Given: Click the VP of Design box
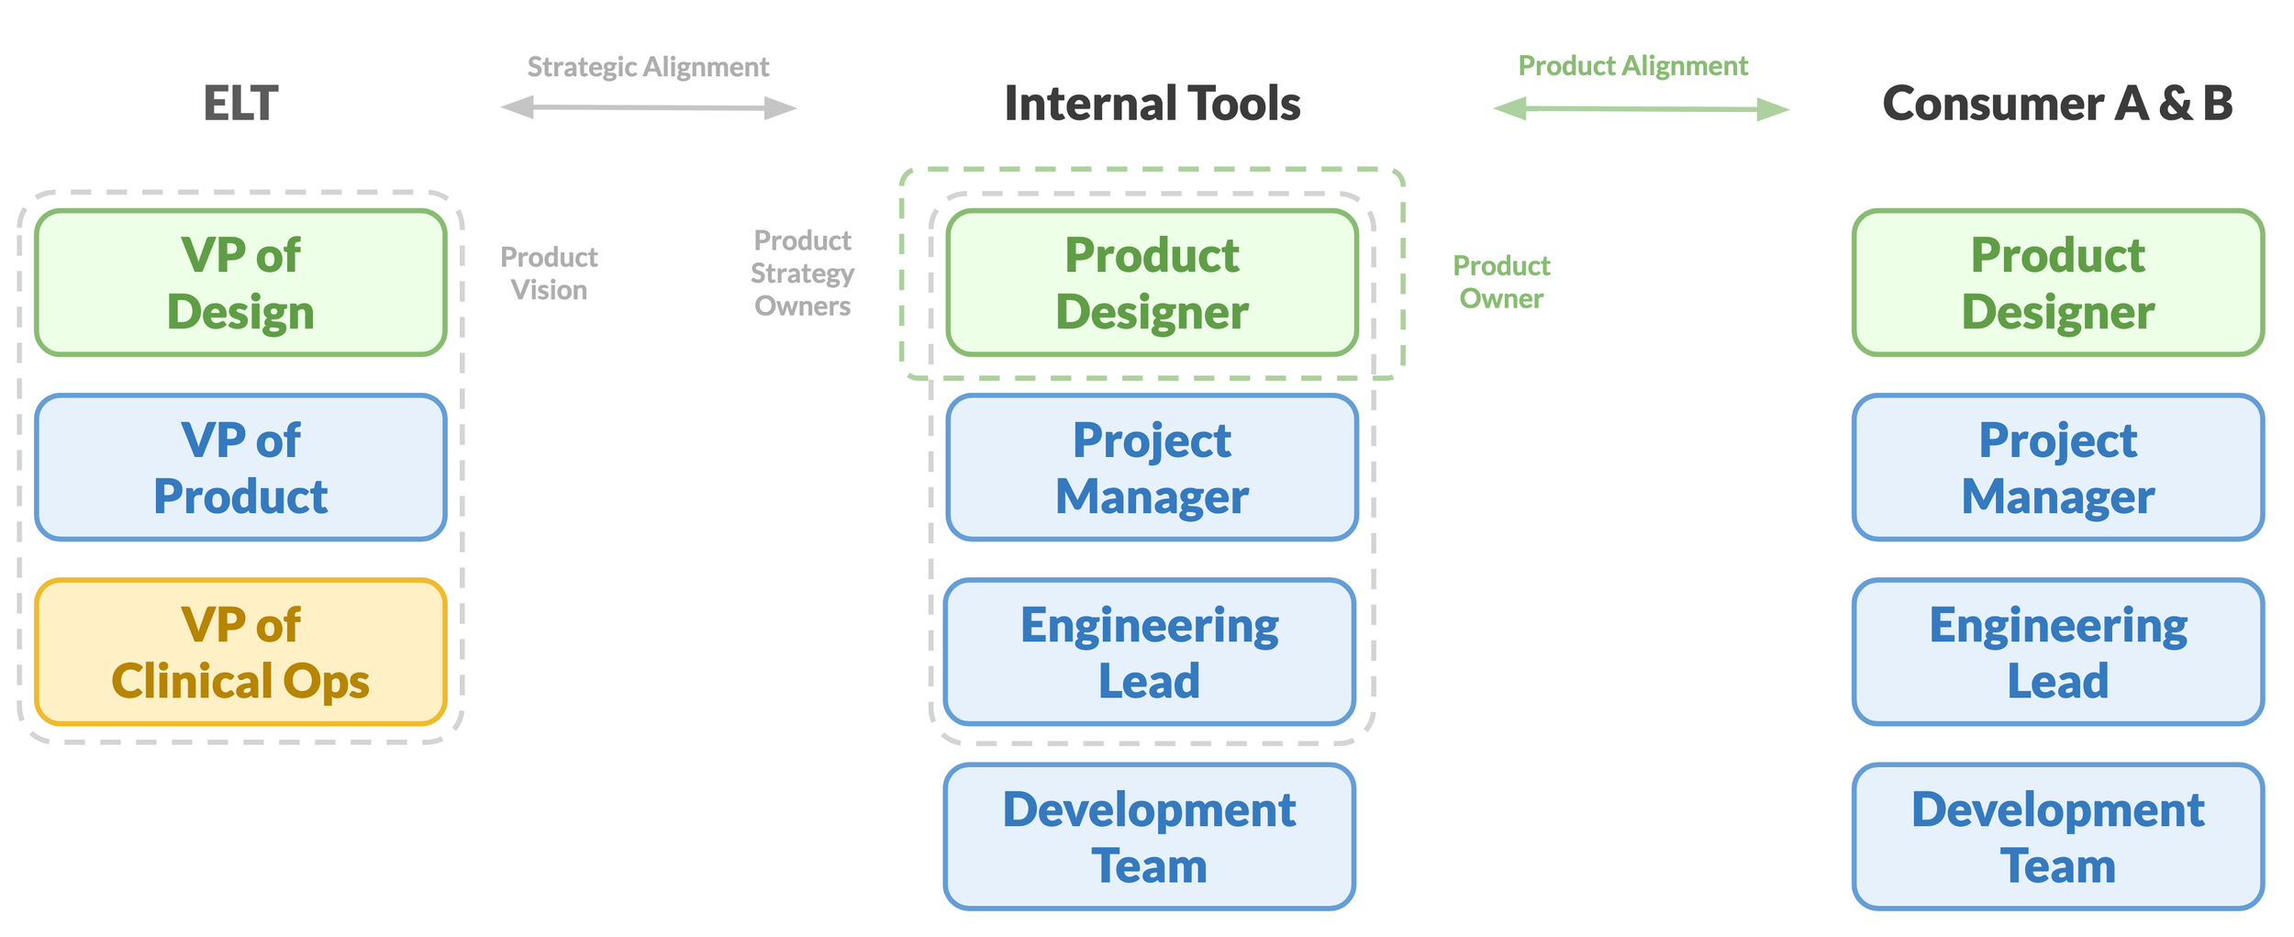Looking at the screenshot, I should (x=240, y=283).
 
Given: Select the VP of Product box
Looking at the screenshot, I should (x=240, y=468).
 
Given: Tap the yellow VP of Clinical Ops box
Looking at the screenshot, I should (x=240, y=653).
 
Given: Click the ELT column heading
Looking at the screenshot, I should (x=240, y=104).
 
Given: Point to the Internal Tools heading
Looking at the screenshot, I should (x=1153, y=104).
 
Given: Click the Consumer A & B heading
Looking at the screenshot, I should (x=2057, y=104).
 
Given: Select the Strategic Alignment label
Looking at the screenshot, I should (x=648, y=67).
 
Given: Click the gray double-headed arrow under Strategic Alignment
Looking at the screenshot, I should (x=648, y=107).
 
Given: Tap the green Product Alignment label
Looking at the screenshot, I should (x=1632, y=66).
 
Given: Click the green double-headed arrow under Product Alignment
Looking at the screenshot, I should (x=1641, y=109).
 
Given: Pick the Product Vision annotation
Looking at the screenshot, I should (x=549, y=273).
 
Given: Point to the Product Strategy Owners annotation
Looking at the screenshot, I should (x=802, y=273).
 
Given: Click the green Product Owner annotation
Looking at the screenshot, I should (x=1501, y=282).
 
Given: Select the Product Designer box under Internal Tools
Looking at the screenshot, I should (x=1152, y=283).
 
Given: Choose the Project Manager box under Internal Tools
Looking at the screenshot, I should (x=1152, y=468).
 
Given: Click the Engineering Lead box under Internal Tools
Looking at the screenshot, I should (x=1150, y=653).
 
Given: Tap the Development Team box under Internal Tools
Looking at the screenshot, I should (x=1150, y=837).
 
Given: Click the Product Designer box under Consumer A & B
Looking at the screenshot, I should (x=2058, y=283).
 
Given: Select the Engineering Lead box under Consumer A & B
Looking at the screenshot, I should (x=2058, y=653).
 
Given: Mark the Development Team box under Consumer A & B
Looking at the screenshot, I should (x=2058, y=837).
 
